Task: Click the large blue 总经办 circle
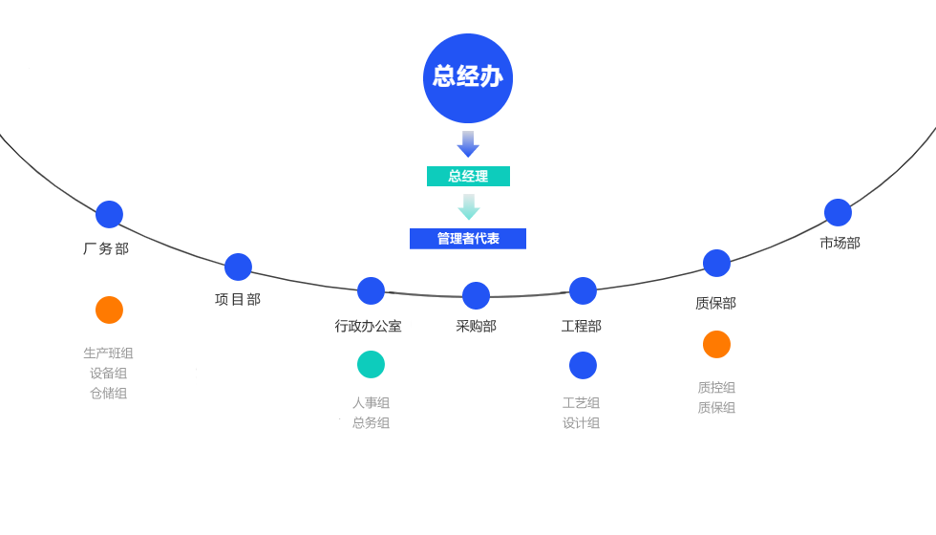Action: click(x=468, y=78)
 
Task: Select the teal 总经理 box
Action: click(x=468, y=177)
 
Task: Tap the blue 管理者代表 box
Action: click(x=468, y=239)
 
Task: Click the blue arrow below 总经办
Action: click(x=468, y=144)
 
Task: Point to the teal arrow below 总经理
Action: click(x=468, y=207)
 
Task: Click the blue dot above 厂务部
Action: click(x=109, y=214)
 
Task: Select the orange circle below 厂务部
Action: click(x=109, y=310)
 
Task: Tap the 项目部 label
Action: click(x=238, y=299)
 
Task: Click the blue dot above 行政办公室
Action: click(x=371, y=290)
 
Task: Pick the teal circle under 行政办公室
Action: click(x=371, y=364)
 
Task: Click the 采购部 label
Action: click(x=476, y=326)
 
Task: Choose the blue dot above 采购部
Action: click(x=476, y=295)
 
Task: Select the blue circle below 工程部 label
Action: click(x=583, y=365)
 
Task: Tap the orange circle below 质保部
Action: click(x=716, y=344)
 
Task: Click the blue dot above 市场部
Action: click(x=838, y=212)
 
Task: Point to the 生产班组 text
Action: click(x=109, y=353)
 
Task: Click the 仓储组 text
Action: click(x=109, y=393)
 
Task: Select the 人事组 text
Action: click(x=371, y=403)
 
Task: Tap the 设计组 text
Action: click(x=582, y=422)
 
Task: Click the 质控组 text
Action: click(x=716, y=388)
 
